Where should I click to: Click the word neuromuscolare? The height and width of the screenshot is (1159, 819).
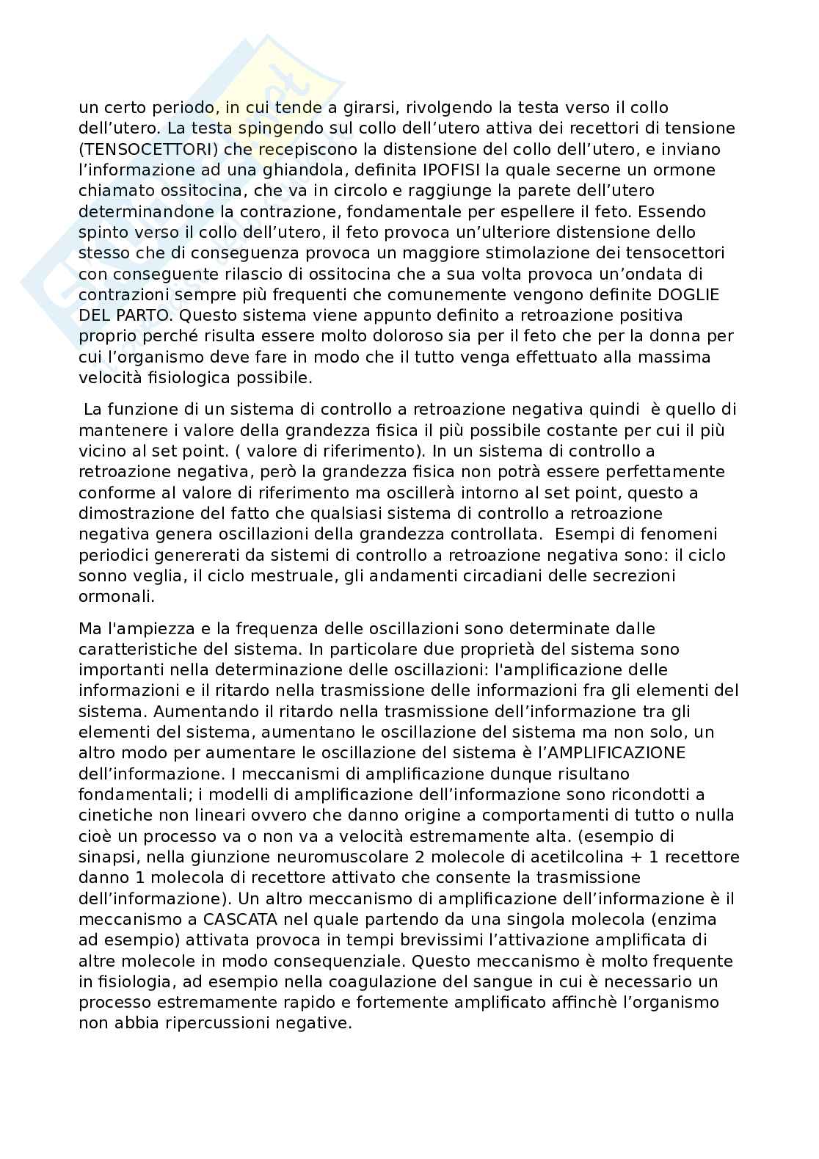click(294, 857)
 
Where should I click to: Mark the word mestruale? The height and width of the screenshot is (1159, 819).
click(298, 575)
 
